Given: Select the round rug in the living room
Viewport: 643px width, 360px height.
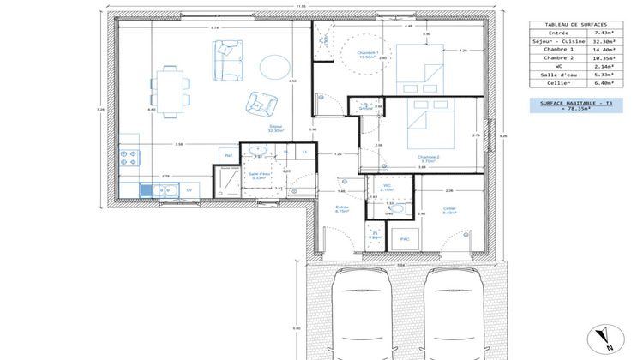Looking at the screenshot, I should pyautogui.click(x=275, y=65).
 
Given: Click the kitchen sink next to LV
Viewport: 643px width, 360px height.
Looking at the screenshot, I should pyautogui.click(x=146, y=189).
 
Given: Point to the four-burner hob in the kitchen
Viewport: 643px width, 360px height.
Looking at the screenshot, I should pyautogui.click(x=129, y=158).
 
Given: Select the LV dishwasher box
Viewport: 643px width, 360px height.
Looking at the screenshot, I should pyautogui.click(x=189, y=189).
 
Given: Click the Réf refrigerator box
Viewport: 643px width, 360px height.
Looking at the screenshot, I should pyautogui.click(x=228, y=154).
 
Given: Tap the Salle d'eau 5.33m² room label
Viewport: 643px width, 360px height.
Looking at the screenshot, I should pyautogui.click(x=258, y=176).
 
